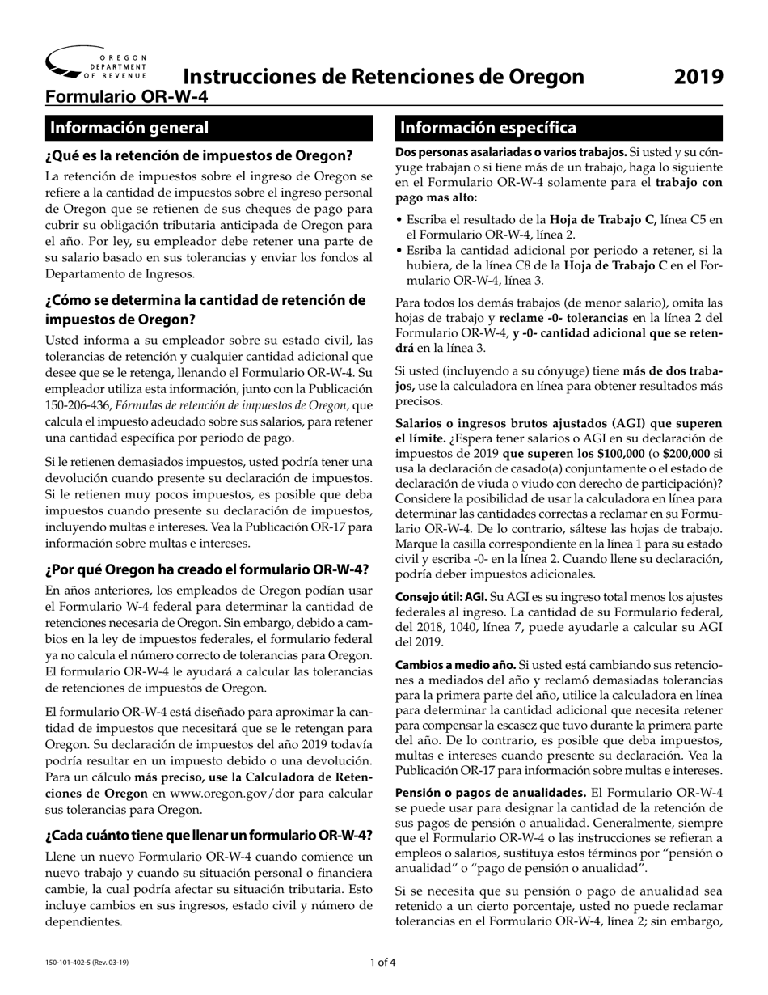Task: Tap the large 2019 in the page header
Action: click(x=698, y=77)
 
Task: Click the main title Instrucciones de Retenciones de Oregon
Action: click(x=383, y=77)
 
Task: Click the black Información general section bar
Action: click(x=209, y=128)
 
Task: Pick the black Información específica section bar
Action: click(x=558, y=128)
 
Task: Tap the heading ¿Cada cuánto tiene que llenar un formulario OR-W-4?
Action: click(x=209, y=836)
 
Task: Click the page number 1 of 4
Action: click(x=383, y=963)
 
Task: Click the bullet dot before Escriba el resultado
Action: click(x=399, y=220)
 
